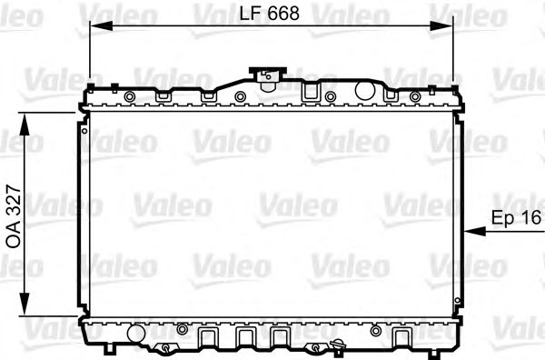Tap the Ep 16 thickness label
(515, 218)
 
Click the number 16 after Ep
(531, 218)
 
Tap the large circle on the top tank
(365, 91)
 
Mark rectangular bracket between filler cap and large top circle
(309, 92)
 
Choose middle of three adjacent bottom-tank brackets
(243, 338)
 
